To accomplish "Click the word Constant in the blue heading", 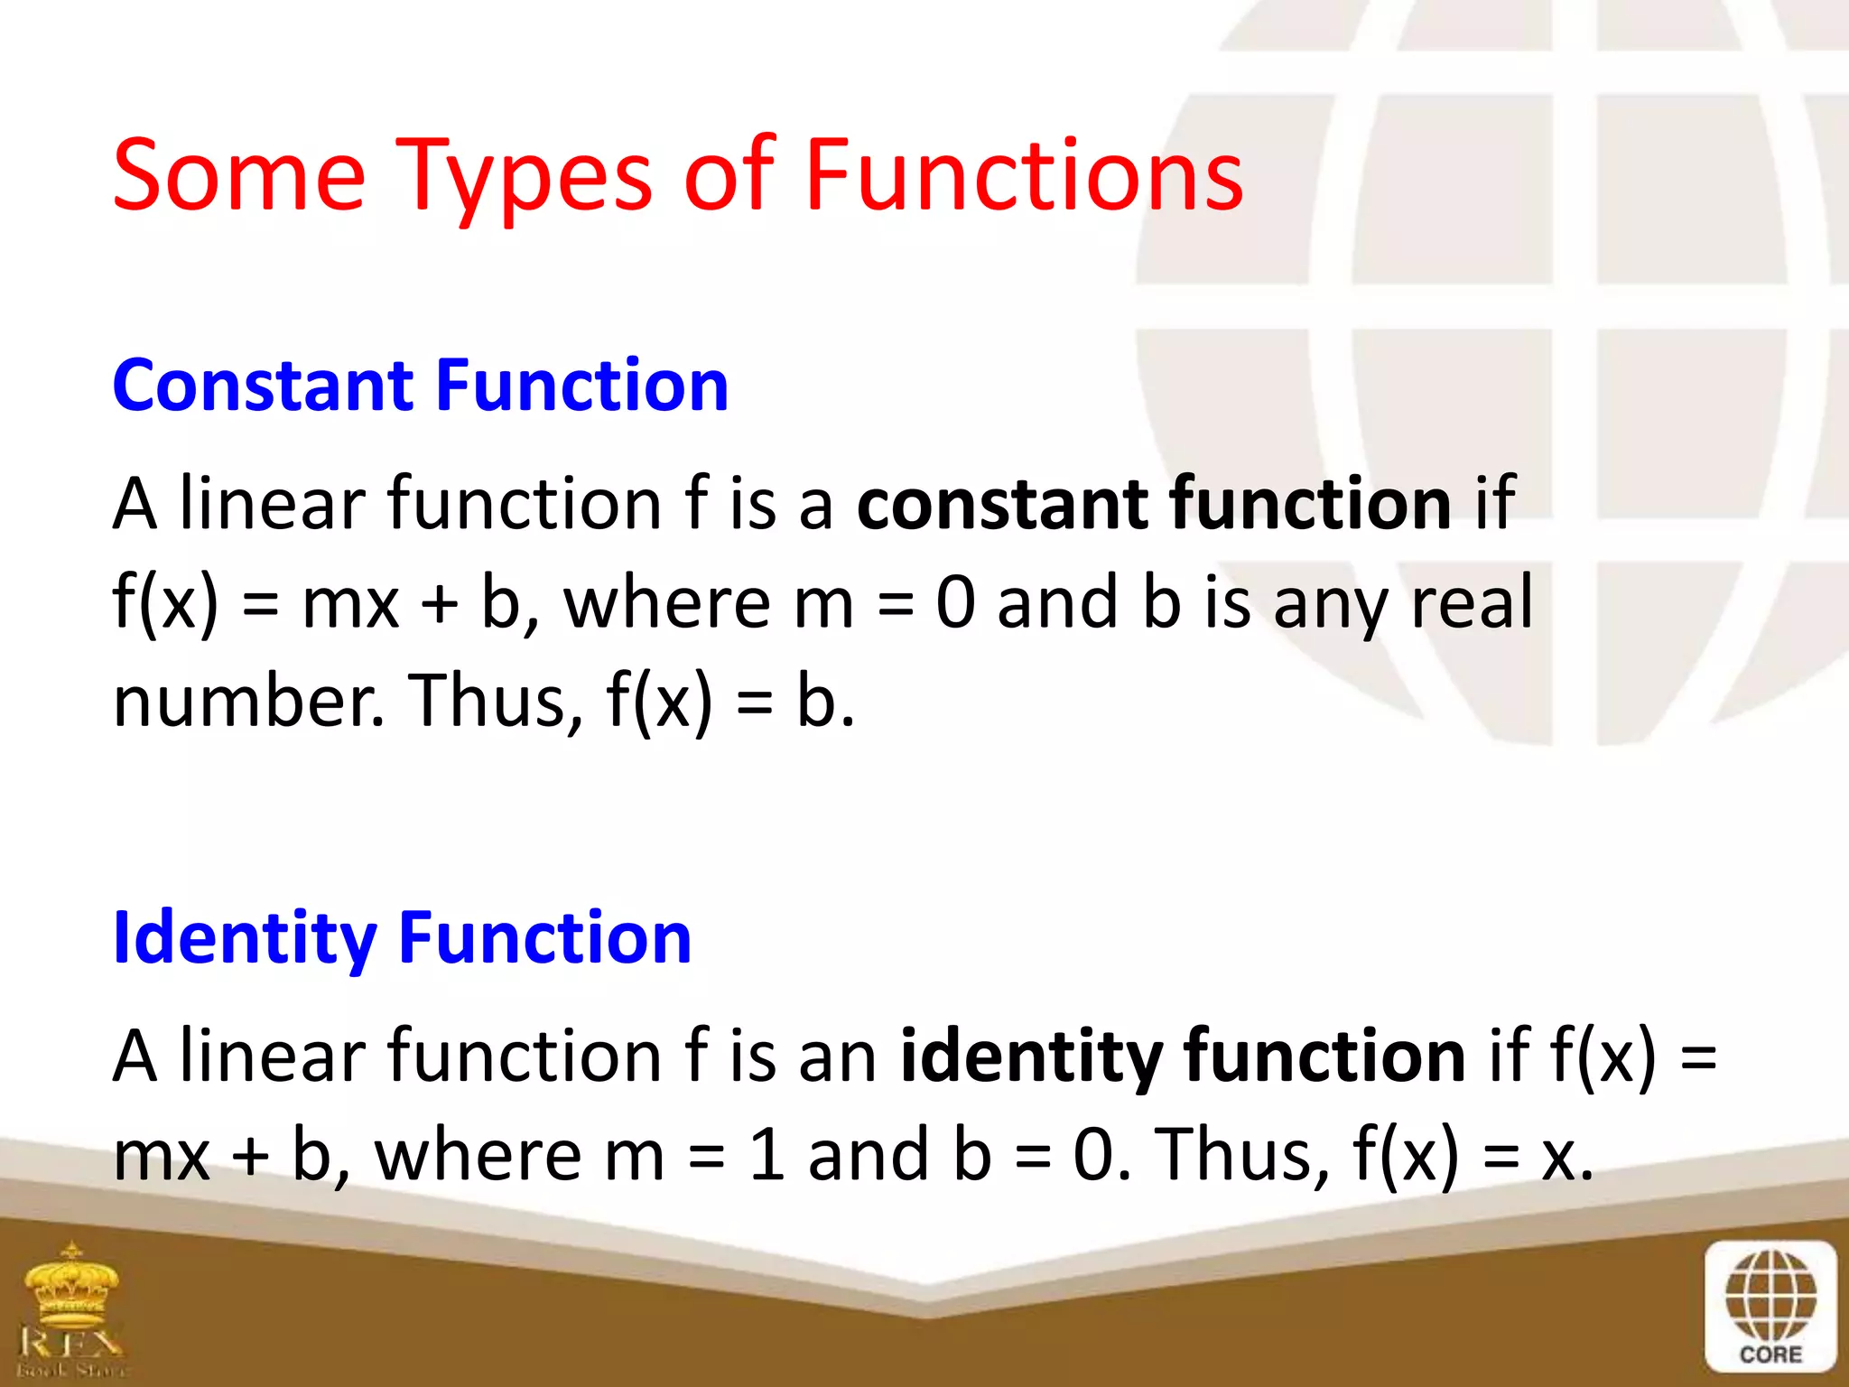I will tap(262, 386).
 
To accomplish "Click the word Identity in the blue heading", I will tap(245, 939).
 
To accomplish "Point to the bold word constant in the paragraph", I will tap(1001, 503).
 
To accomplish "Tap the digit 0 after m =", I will tap(955, 602).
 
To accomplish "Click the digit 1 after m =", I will tap(767, 1155).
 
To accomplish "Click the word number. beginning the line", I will tap(249, 702).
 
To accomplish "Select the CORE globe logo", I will tap(1770, 1300).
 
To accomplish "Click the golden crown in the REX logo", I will tap(72, 1282).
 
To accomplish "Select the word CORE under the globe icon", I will tap(1770, 1354).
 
